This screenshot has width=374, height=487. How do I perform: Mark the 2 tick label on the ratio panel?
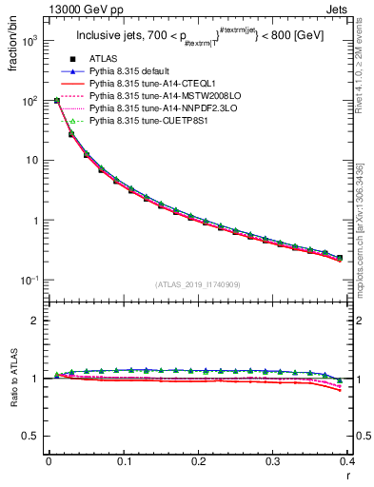(x=36, y=321)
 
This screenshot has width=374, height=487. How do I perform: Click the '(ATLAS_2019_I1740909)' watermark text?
(x=198, y=285)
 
